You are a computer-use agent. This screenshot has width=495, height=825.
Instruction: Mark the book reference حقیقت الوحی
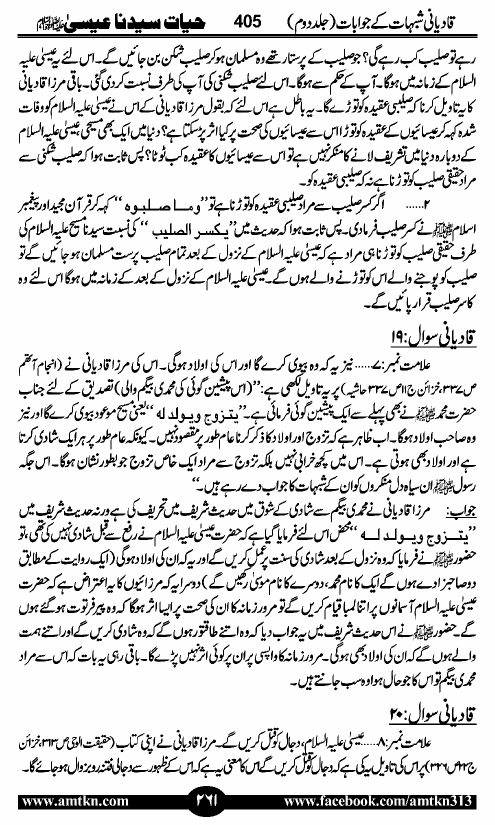[72, 740]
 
